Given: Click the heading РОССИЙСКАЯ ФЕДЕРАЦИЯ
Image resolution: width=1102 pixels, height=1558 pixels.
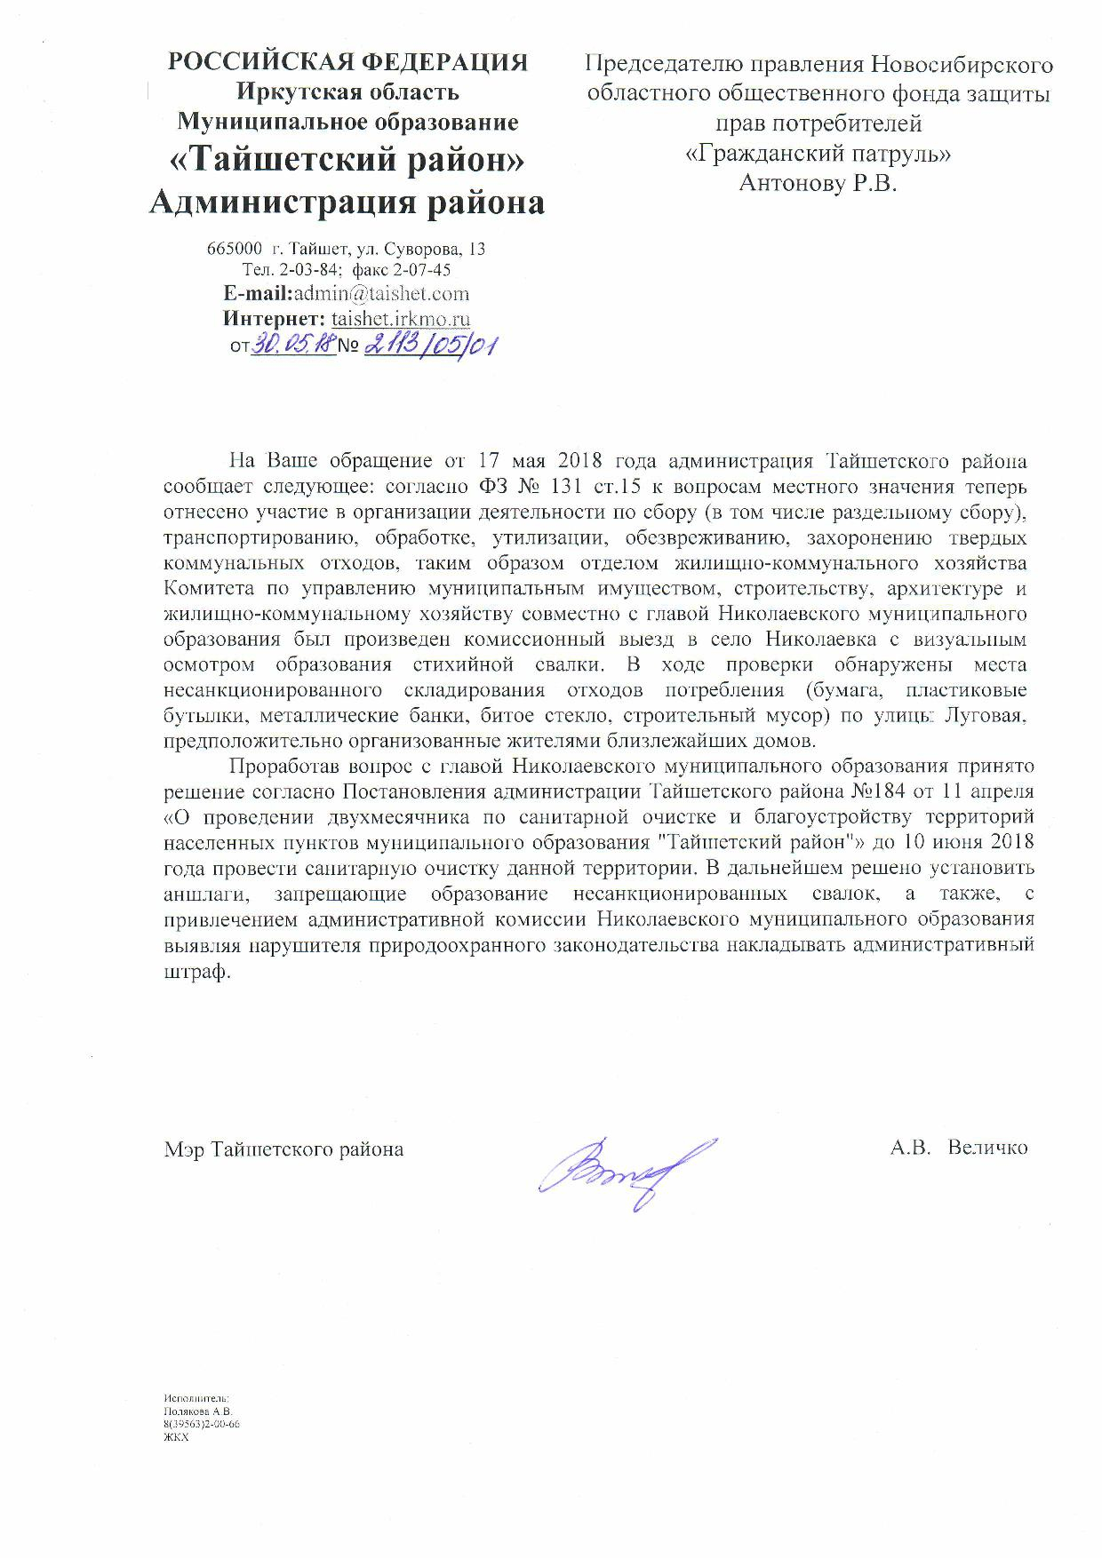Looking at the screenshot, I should [x=348, y=62].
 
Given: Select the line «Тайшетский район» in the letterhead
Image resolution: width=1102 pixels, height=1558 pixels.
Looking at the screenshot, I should [x=347, y=161].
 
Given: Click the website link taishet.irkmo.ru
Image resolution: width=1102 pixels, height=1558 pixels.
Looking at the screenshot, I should [x=401, y=319].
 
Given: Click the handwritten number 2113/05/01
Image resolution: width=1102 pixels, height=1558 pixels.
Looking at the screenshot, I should [x=428, y=345].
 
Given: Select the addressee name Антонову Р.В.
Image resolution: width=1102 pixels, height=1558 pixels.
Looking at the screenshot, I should [x=819, y=183].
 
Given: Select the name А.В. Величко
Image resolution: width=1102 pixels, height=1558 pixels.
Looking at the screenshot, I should [x=958, y=1147].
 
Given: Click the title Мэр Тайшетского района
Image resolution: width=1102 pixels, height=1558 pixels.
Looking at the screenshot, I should [x=283, y=1149].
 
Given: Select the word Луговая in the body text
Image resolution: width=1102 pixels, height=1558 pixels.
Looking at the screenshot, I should [x=992, y=715].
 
